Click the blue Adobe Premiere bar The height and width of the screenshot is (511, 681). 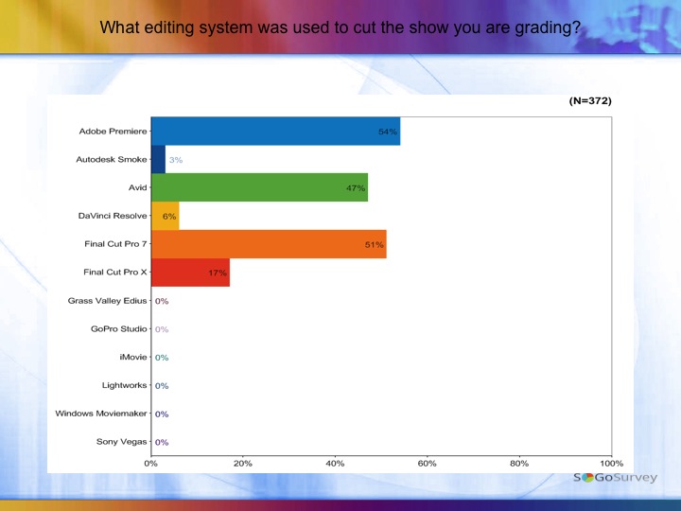274,132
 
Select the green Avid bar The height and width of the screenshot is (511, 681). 259,187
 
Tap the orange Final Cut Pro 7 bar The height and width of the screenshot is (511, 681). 269,244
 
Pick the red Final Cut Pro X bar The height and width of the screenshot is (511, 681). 190,273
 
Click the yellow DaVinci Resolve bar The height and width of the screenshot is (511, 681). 165,216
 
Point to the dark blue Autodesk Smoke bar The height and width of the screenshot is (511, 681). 158,160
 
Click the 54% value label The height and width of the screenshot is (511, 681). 387,132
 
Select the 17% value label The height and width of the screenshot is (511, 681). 217,273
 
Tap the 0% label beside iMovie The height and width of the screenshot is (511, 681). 162,358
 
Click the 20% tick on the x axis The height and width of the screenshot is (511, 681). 242,464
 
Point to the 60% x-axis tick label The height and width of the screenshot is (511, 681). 427,464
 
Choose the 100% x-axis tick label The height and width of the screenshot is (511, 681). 611,464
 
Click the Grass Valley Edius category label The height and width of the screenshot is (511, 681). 107,301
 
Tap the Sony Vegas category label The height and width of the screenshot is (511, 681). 121,442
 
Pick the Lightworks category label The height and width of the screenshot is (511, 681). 124,385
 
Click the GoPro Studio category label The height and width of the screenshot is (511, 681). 119,329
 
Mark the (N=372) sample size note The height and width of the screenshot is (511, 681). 591,100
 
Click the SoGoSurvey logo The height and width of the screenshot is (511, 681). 615,478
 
